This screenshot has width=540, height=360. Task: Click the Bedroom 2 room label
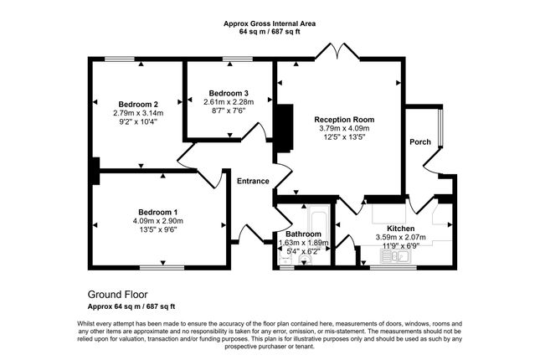point(138,104)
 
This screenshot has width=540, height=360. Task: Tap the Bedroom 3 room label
point(229,94)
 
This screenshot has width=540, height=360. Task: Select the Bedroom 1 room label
point(157,212)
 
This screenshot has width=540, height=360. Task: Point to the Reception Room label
point(344,120)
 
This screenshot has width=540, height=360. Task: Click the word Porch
point(420,142)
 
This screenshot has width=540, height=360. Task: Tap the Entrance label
point(253,181)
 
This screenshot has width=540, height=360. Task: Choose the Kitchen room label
point(400,229)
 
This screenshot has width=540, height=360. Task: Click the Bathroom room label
point(303,234)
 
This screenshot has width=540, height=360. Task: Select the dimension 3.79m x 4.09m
point(344,128)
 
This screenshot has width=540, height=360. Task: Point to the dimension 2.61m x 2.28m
point(229,102)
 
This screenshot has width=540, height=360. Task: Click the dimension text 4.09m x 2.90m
point(157,221)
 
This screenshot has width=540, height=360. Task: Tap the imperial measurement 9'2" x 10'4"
point(138,121)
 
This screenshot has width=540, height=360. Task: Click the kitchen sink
point(395,256)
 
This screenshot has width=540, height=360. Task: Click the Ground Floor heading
point(117,295)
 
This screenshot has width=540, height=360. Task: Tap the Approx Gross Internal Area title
point(270,23)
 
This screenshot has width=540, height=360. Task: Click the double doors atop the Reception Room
point(337,52)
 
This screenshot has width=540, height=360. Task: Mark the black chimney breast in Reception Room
point(285,128)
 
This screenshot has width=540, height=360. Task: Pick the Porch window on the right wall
point(441,128)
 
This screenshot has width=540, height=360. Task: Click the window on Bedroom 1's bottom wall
point(162,267)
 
